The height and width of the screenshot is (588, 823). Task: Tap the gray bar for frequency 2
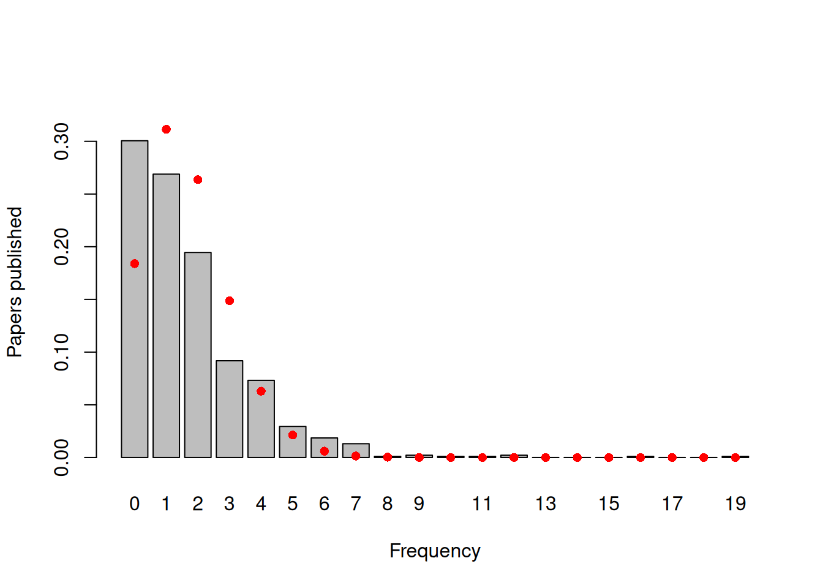tap(198, 355)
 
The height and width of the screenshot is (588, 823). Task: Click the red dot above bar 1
tap(166, 129)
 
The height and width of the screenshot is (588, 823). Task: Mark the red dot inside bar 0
tap(135, 264)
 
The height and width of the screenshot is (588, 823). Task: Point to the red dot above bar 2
tap(198, 179)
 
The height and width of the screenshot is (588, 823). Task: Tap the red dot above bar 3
tap(230, 301)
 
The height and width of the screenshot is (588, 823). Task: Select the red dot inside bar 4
tap(261, 391)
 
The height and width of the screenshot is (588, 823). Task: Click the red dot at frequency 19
tap(735, 458)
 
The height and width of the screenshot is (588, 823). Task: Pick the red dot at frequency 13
tap(546, 458)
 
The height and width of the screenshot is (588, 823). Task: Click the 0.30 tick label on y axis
tap(62, 141)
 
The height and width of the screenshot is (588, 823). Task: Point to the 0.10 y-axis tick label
tap(62, 352)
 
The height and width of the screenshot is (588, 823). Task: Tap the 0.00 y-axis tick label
tap(62, 458)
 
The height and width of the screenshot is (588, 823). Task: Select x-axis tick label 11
tap(482, 504)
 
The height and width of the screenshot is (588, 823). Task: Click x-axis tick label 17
tap(672, 504)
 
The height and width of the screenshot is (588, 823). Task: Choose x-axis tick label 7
tap(356, 504)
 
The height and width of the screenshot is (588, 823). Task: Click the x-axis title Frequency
tap(435, 551)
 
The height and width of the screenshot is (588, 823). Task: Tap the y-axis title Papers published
tap(15, 282)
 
